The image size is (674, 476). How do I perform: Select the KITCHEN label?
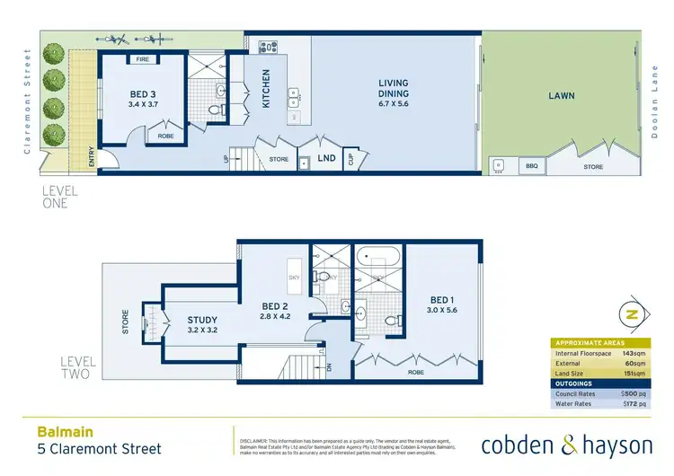(265, 89)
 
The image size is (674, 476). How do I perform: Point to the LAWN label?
(563, 95)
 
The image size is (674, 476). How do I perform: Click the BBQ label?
(530, 165)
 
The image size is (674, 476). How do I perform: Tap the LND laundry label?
(327, 159)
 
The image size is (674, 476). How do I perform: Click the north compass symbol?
(631, 315)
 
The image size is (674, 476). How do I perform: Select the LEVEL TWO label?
(76, 367)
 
